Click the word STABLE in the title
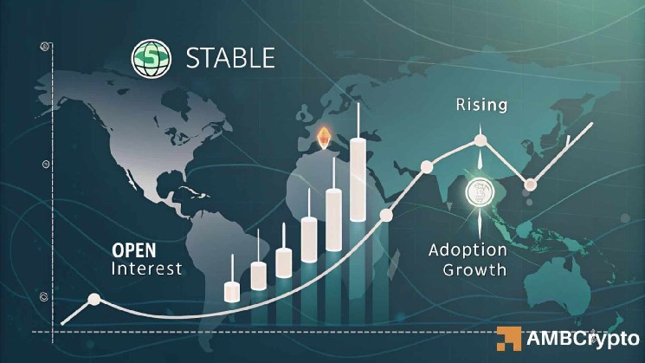coord(230,58)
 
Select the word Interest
coord(147,269)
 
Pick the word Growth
coord(474,269)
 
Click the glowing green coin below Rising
coord(479,193)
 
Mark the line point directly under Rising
coord(481,139)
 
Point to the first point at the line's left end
coord(94,301)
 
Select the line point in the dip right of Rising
coord(530,183)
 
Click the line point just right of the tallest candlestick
coord(387,214)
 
